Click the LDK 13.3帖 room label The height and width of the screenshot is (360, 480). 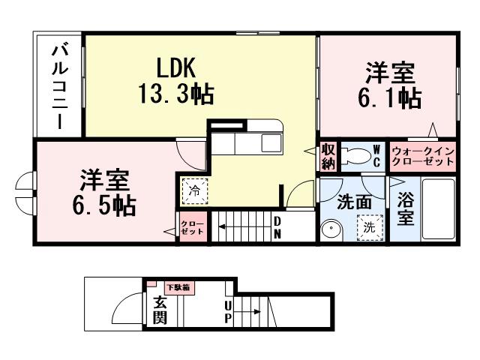pyautogui.click(x=176, y=80)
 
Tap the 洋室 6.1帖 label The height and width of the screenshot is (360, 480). pyautogui.click(x=389, y=86)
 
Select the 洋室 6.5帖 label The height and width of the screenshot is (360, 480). pyautogui.click(x=104, y=193)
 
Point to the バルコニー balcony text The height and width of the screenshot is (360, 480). pyautogui.click(x=58, y=88)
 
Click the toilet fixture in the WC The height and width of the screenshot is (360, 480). pyautogui.click(x=358, y=155)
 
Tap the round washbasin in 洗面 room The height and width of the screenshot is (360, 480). pyautogui.click(x=331, y=229)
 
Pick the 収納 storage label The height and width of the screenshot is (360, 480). pyautogui.click(x=328, y=155)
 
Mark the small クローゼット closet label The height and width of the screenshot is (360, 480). pyautogui.click(x=192, y=227)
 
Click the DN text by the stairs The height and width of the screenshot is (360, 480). pyautogui.click(x=277, y=227)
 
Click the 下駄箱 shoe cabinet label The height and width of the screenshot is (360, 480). pyautogui.click(x=178, y=287)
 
